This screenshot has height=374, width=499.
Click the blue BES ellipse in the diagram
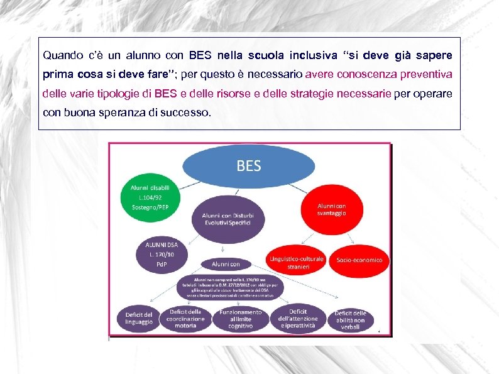248,167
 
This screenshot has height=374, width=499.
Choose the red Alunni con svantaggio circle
331,209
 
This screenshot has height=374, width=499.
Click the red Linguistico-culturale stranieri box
296,263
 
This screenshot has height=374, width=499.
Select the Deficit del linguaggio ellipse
139,317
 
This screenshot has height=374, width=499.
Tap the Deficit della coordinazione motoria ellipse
185,318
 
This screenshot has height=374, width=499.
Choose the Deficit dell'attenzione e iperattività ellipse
298,318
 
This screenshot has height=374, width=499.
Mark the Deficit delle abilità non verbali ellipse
350,319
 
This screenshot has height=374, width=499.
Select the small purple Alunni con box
226,265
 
